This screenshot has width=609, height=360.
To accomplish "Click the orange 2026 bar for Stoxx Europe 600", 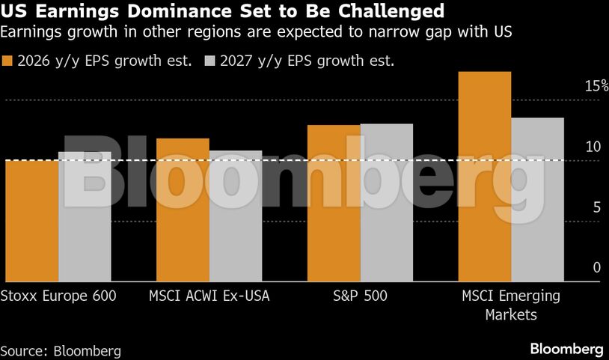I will [31, 221].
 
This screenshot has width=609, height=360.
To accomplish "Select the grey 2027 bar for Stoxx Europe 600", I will [85, 217].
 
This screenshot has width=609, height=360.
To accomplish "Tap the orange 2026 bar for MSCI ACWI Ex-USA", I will [183, 210].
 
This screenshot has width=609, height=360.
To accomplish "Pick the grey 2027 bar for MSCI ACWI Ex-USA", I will [236, 216].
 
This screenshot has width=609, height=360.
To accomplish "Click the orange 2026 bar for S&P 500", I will [334, 204].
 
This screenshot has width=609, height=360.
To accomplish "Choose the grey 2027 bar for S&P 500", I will [387, 203].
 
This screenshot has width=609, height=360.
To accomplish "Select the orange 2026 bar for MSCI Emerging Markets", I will [485, 177].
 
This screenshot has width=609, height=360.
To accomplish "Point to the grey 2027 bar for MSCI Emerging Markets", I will [538, 200].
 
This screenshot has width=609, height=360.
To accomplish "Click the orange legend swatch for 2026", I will [9, 61].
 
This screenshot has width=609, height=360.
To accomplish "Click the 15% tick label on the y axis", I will [596, 86].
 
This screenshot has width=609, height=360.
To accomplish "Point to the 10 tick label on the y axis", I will [593, 147].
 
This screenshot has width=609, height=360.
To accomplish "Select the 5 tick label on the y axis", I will [597, 207].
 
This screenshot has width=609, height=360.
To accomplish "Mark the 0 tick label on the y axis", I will [597, 268].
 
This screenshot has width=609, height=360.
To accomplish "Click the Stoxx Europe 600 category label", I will [58, 296].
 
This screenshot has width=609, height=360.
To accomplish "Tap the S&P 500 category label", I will [360, 296].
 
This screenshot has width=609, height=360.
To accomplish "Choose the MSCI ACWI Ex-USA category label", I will [209, 296].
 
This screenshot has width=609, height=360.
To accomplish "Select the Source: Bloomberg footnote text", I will [61, 350].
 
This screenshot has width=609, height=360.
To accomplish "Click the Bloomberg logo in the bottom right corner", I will [566, 349].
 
